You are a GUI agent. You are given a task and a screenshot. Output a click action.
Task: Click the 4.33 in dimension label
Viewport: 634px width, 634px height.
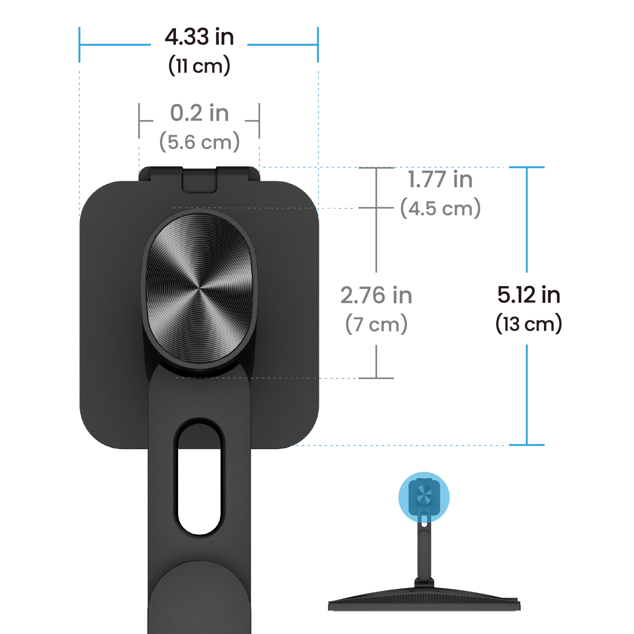coord(199,37)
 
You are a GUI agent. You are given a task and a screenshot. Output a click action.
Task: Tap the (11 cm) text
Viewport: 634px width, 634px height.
coord(199,66)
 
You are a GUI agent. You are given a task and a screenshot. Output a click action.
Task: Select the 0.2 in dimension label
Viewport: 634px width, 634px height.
coord(200,113)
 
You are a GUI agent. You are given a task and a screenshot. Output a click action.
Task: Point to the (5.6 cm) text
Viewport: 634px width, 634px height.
coord(200,142)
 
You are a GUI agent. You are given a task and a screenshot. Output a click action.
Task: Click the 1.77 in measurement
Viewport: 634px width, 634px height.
coord(441,179)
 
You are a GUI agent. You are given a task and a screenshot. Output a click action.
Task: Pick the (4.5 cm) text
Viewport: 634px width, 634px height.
coord(441,208)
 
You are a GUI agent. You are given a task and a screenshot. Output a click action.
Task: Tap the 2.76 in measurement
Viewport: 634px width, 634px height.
coord(376,295)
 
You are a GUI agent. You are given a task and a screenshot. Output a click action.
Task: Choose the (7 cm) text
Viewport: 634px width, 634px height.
coord(376,324)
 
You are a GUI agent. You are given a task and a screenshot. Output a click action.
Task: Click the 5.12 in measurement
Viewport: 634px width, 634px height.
coord(529,295)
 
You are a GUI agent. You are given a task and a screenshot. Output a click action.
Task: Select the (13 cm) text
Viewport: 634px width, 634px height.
coord(529,324)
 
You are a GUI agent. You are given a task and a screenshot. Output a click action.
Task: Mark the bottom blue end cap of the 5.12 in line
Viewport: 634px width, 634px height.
coord(527,445)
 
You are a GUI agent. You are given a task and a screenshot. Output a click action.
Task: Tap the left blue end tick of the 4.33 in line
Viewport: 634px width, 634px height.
coord(79,44)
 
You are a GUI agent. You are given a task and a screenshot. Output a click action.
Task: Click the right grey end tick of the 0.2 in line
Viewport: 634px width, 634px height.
coord(259,120)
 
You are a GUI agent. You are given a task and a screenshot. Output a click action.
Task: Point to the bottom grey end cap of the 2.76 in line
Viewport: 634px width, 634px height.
coord(376,378)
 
